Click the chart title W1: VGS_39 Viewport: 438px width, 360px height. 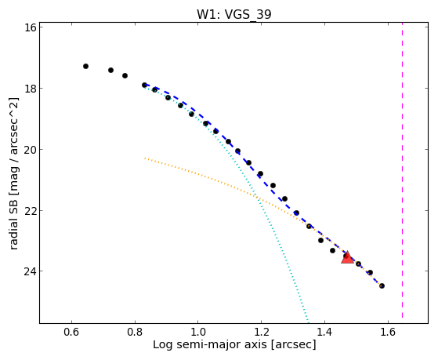click(x=234, y=14)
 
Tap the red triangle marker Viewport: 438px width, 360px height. click(x=347, y=257)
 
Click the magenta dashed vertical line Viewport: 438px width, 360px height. click(x=402, y=170)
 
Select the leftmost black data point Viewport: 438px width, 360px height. click(x=85, y=67)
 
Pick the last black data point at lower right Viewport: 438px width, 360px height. click(x=382, y=285)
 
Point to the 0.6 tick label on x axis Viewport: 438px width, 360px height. click(x=71, y=332)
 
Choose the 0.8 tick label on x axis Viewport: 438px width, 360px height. click(x=135, y=332)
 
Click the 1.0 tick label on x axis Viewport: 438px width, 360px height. click(x=197, y=332)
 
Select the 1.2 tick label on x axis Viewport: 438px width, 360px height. click(x=261, y=332)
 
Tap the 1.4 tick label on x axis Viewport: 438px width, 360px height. click(x=324, y=332)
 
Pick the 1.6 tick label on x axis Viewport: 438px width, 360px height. click(x=387, y=332)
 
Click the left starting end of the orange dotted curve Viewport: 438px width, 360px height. click(x=145, y=158)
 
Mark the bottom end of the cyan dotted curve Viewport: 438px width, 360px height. click(x=309, y=322)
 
